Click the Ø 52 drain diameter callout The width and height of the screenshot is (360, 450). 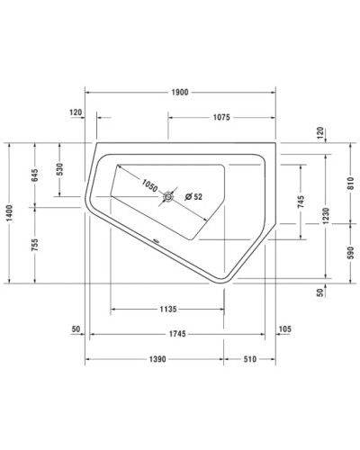pyautogui.click(x=194, y=196)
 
